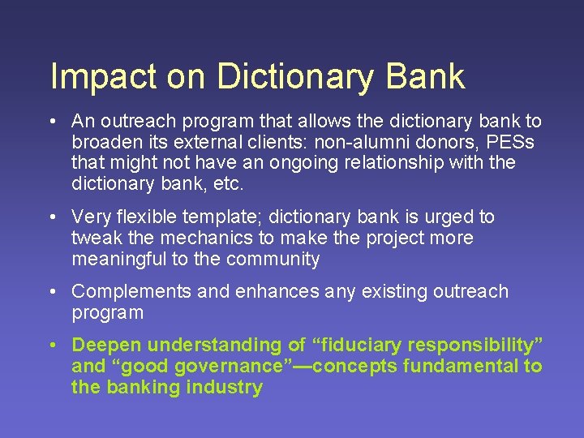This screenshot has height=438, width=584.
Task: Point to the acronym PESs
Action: [517, 143]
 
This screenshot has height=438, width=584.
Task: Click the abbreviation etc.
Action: [228, 184]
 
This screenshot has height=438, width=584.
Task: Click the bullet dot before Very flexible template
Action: [51, 217]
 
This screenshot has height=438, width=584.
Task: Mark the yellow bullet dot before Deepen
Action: [51, 346]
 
